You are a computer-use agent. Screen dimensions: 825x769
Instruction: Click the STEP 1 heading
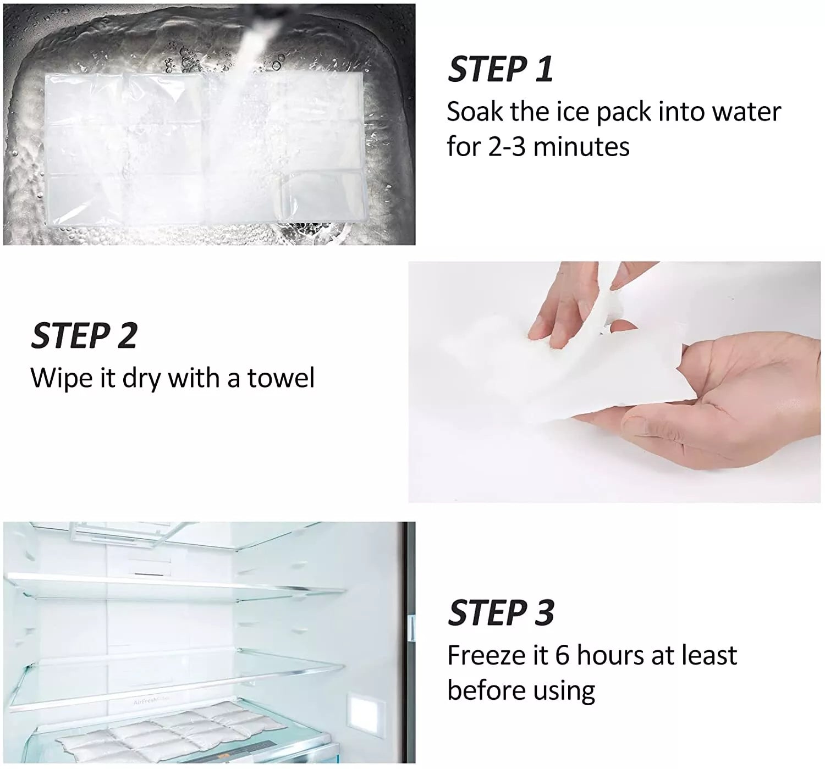coord(501,69)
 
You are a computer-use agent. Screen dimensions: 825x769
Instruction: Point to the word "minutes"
coord(581,147)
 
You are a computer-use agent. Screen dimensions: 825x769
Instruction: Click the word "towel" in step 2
coord(281,378)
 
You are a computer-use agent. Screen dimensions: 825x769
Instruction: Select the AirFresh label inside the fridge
coord(151,701)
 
